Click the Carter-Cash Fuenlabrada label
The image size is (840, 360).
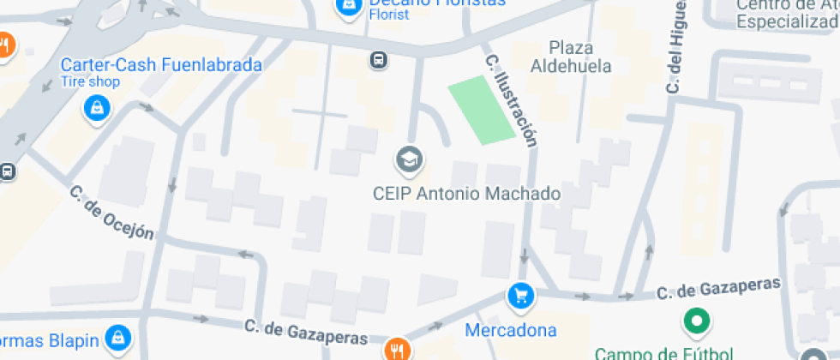click(x=160, y=65)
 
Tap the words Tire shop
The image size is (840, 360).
click(x=90, y=82)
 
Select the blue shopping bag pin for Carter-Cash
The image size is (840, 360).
click(x=97, y=109)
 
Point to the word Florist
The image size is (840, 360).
click(x=387, y=15)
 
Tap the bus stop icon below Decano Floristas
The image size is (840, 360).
click(x=377, y=59)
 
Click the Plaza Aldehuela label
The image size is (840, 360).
click(x=571, y=57)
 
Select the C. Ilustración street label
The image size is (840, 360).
click(x=512, y=101)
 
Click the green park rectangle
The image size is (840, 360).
click(x=483, y=109)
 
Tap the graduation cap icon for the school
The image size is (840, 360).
click(x=409, y=159)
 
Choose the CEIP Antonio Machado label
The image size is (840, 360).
click(x=466, y=194)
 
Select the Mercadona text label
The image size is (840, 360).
click(x=511, y=330)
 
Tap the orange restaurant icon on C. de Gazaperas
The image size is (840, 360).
click(x=397, y=350)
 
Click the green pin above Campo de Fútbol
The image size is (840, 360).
click(x=697, y=322)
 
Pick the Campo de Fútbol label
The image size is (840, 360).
click(x=663, y=352)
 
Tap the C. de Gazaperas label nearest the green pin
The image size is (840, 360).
click(x=719, y=288)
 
